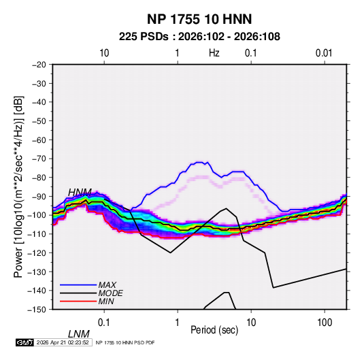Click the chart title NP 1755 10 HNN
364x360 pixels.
click(199, 19)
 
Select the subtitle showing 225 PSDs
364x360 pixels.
click(199, 37)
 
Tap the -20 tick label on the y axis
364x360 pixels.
click(39, 65)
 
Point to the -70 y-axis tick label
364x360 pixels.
click(39, 159)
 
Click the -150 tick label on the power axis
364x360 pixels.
click(37, 310)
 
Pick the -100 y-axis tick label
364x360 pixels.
click(37, 215)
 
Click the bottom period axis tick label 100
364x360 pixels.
click(325, 323)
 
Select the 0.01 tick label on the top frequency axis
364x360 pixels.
click(324, 53)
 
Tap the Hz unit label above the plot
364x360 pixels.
click(214, 53)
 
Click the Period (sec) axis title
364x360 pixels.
click(214, 330)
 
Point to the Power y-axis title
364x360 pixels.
click(18, 187)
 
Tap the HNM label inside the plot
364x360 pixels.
click(80, 193)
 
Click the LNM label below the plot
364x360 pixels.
click(78, 334)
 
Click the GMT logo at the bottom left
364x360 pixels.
click(25, 342)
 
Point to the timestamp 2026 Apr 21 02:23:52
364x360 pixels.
click(63, 342)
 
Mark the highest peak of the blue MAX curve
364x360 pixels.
click(199, 163)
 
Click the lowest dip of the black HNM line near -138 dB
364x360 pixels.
click(274, 288)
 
